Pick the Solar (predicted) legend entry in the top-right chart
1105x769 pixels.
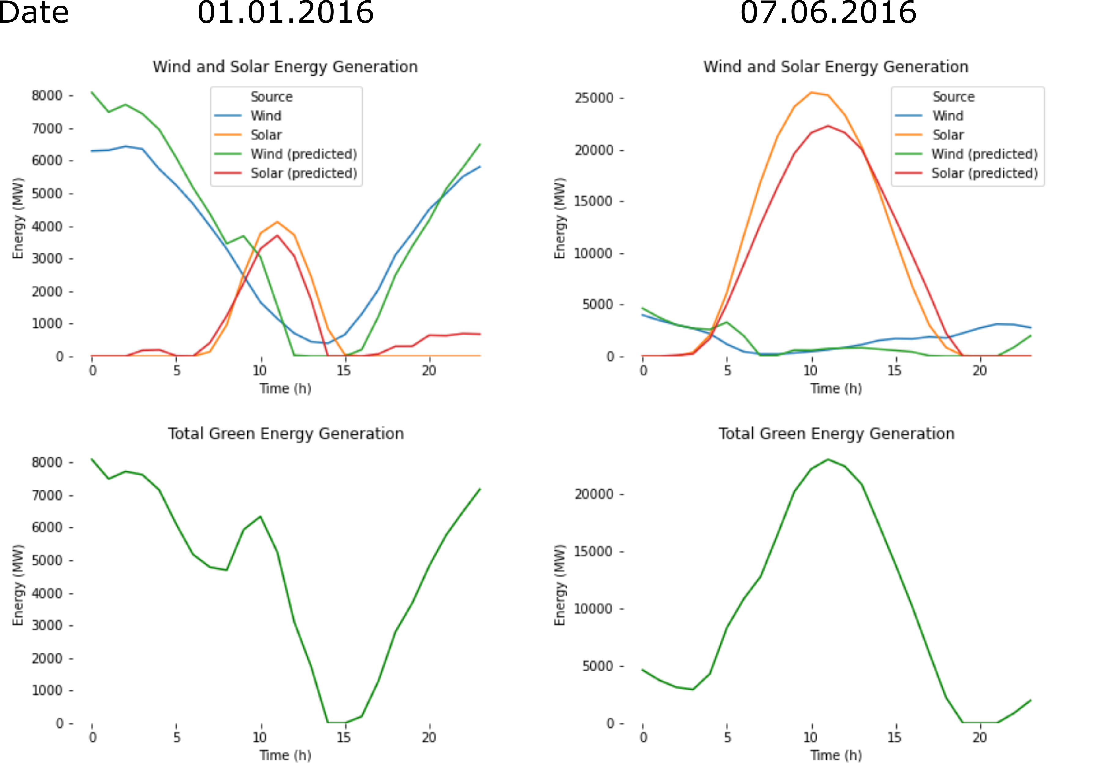[984, 173]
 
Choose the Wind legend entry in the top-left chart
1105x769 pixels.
[266, 116]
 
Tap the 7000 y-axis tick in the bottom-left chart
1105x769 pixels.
[47, 495]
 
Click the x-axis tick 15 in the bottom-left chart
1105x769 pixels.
[344, 737]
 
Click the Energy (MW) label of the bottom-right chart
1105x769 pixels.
[559, 585]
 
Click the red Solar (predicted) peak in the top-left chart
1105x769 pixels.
[277, 235]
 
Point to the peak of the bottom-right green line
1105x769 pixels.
[828, 459]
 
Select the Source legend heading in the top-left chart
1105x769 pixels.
[271, 97]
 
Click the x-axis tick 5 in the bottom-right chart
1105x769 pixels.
[727, 737]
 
